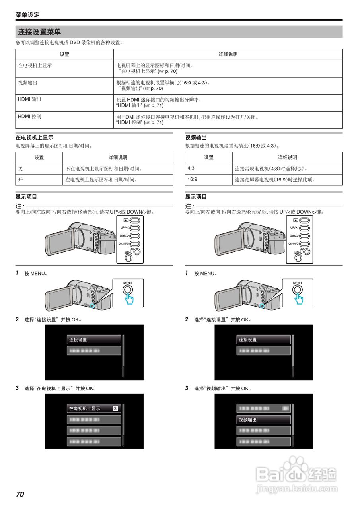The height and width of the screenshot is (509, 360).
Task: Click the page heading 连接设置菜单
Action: [x=39, y=32]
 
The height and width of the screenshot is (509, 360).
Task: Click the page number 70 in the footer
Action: [x=20, y=494]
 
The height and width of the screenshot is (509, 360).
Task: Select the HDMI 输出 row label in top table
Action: [x=29, y=99]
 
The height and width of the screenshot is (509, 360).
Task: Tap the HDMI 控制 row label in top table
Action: [x=29, y=117]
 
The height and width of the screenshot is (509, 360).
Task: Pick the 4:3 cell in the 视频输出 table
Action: [x=191, y=169]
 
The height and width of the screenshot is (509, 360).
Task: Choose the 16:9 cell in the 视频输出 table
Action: [x=192, y=179]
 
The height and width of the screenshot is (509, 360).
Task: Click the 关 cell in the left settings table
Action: [x=21, y=169]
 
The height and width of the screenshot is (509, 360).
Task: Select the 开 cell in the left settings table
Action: [x=21, y=180]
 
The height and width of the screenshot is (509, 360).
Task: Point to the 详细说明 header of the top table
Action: [x=228, y=54]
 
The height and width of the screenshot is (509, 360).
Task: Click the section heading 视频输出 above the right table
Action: [x=196, y=138]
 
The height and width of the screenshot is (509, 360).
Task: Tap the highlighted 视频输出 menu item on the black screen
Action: [x=264, y=420]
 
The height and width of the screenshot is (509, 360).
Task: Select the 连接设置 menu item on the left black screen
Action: [x=94, y=340]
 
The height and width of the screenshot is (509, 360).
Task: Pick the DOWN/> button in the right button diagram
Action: [x=305, y=236]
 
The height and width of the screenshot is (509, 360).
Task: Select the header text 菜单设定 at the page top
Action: [x=27, y=15]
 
